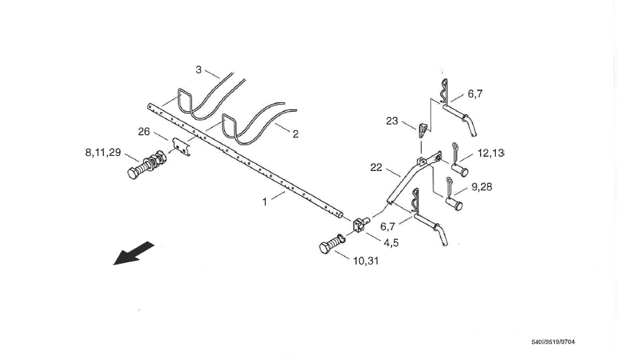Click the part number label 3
tap(198, 70)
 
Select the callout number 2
tap(295, 134)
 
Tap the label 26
tap(144, 131)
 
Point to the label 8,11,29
tap(102, 152)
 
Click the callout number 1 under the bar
tap(264, 202)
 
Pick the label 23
tap(392, 121)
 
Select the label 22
tap(376, 167)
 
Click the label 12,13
tap(490, 154)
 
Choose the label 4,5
tap(391, 243)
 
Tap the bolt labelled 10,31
tap(331, 244)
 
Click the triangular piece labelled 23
tap(421, 129)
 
